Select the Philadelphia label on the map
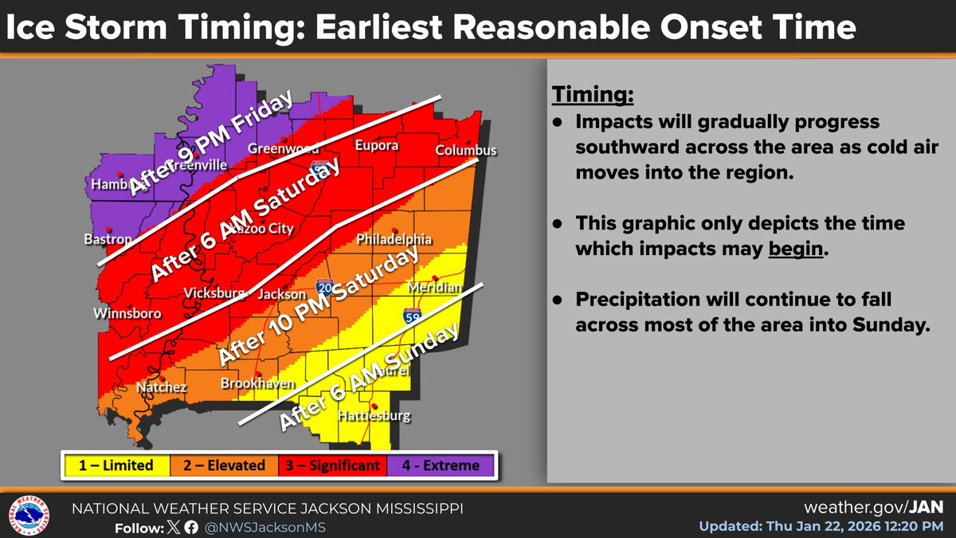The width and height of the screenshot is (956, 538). pos(394,239)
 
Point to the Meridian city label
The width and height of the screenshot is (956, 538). pos(434,287)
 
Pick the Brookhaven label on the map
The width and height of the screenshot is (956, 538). pos(253,383)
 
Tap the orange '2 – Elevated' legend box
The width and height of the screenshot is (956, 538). pos(224,465)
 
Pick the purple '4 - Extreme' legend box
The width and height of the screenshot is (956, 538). pos(440,465)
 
